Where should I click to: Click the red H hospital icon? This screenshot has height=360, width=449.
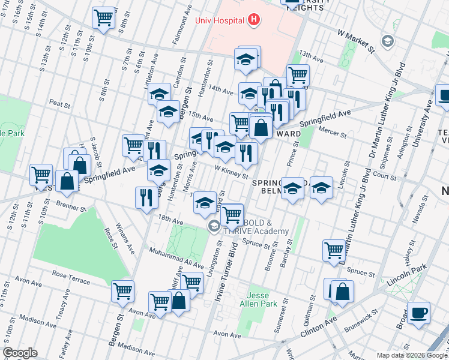click(255, 20)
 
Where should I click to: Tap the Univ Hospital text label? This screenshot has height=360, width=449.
click(220, 20)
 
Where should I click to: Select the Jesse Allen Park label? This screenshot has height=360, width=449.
click(262, 299)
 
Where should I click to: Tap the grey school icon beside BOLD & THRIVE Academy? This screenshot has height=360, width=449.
click(214, 227)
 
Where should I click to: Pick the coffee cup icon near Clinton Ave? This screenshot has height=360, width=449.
click(418, 312)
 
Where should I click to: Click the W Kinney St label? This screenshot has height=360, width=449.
click(232, 172)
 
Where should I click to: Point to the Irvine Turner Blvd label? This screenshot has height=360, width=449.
click(226, 278)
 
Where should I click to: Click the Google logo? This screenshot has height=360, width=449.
click(20, 353)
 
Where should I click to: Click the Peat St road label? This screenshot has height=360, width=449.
click(60, 104)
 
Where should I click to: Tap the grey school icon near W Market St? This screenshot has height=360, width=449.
click(388, 41)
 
